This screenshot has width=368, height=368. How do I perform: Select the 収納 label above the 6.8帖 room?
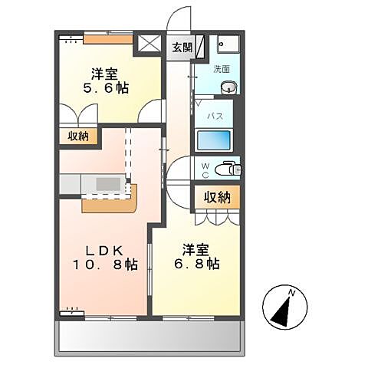[x=216, y=196]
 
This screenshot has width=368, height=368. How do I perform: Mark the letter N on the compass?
[x=291, y=292]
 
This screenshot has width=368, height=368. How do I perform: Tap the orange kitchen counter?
[x=107, y=200]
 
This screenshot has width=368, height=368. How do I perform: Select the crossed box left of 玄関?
[x=149, y=44]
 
